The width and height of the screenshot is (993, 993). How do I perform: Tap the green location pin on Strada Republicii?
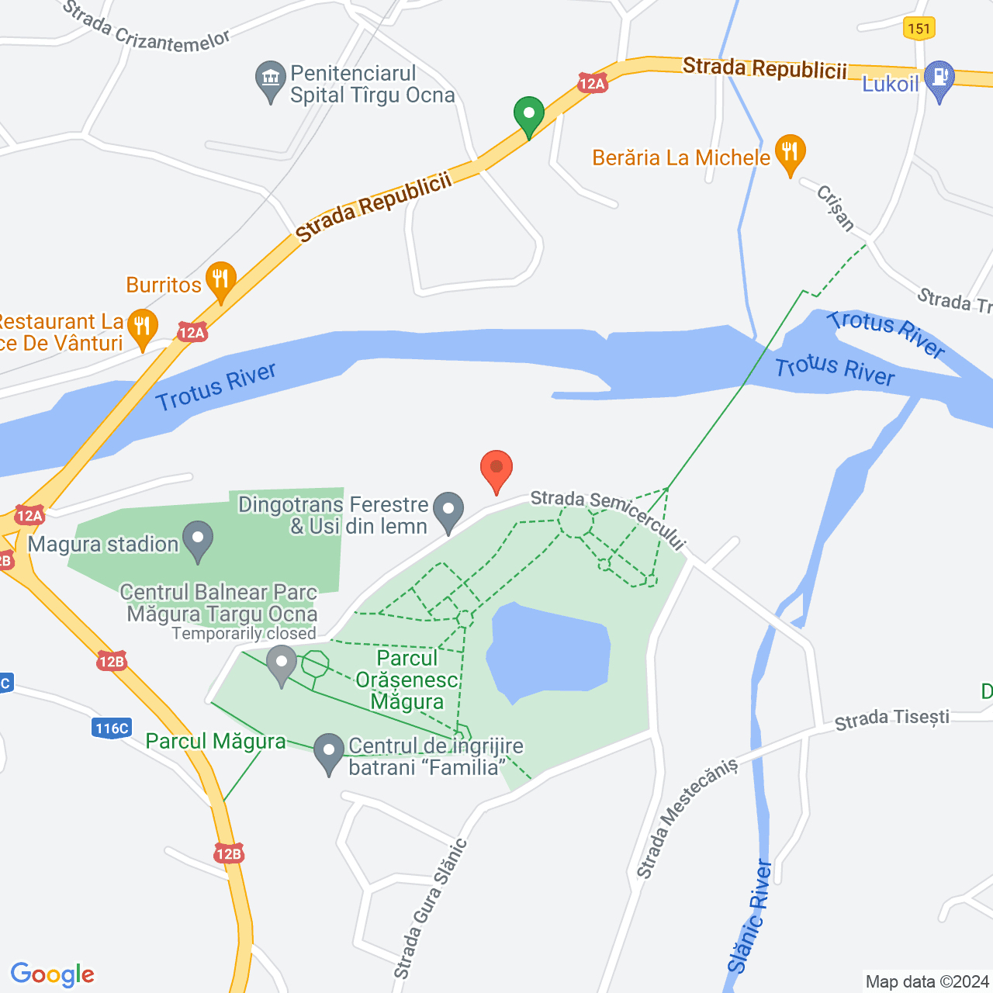coord(529,116)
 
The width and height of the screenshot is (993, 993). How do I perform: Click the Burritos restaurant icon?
coord(221,280)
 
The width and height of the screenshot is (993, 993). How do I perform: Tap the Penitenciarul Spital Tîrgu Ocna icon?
coord(271,80)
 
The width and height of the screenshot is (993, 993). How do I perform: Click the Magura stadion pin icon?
coord(199,540)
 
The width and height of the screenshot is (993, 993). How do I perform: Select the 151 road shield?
coord(919,29)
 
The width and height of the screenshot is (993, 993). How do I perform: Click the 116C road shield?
coord(112,728)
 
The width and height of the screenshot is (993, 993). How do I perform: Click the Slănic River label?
coord(750,915)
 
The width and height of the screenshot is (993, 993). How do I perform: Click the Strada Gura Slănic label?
coord(431,908)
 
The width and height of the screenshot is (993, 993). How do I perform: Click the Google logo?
coord(53,974)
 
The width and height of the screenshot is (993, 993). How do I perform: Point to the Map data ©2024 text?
coord(927,981)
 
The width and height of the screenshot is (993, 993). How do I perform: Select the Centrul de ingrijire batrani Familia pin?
coord(329,753)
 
